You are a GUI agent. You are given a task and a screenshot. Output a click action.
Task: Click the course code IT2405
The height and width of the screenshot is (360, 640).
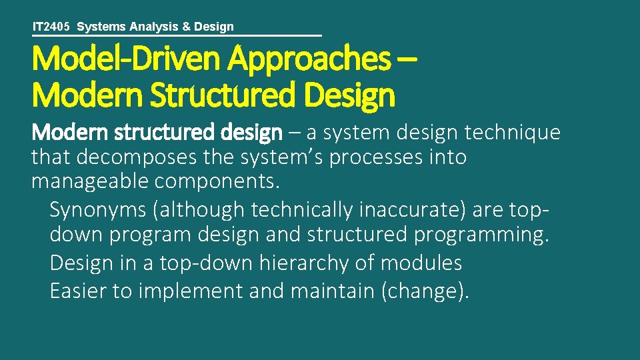pyautogui.click(x=51, y=27)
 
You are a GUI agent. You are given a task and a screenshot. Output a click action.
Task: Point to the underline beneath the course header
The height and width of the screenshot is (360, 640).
pyautogui.click(x=177, y=35)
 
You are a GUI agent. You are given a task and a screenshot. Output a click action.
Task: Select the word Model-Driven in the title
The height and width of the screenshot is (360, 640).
pyautogui.click(x=127, y=59)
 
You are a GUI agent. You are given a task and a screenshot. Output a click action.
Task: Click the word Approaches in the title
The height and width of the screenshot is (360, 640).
pyautogui.click(x=309, y=59)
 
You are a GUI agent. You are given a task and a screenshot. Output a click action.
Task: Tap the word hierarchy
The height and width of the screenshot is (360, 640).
pyautogui.click(x=289, y=263)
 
